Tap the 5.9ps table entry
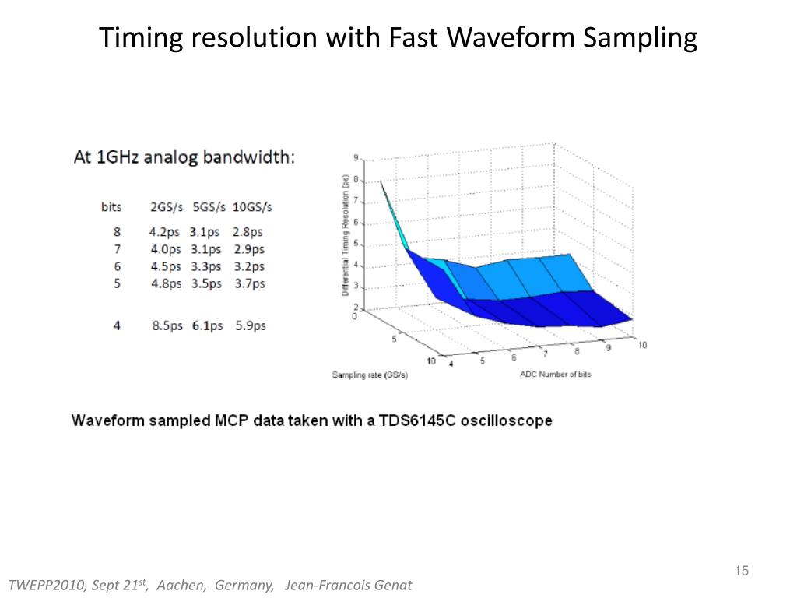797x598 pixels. tap(251, 325)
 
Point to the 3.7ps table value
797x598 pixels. tap(250, 284)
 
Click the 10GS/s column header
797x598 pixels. tap(253, 207)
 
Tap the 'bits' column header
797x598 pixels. tap(111, 207)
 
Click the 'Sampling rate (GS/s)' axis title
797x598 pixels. tap(370, 375)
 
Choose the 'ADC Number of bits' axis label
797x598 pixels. tap(555, 375)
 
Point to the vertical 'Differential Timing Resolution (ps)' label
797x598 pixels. tap(345, 234)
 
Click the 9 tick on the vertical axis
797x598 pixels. tap(356, 158)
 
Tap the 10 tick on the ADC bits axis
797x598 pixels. tap(642, 345)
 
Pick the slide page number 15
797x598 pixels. tap(741, 572)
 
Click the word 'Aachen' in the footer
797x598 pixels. tap(181, 585)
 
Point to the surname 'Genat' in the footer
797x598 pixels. tap(394, 585)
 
